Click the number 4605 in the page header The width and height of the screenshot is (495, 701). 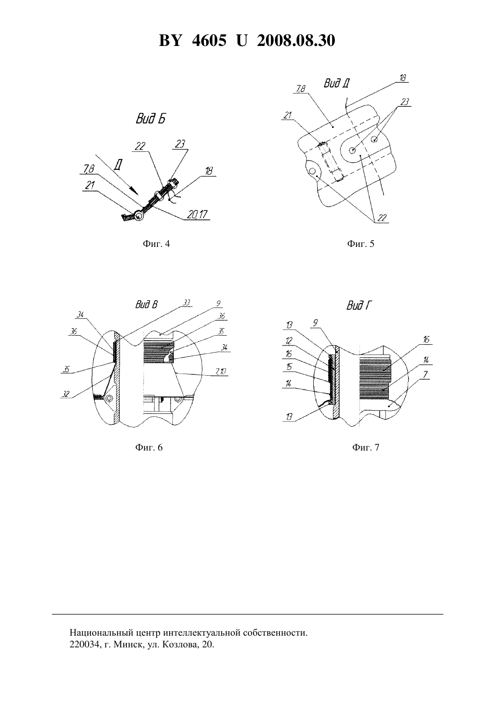pos(209,41)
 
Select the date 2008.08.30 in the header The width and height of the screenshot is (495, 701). pos(296,41)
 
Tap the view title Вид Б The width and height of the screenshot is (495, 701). pos(150,119)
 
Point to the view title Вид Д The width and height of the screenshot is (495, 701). pos(337,83)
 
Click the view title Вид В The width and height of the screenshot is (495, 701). pos(147,305)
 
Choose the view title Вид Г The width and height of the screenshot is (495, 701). pos(360,305)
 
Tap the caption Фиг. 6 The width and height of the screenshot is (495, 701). pos(149,447)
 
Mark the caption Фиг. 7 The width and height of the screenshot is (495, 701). pos(365,447)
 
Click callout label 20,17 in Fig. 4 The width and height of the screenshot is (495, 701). pos(197,214)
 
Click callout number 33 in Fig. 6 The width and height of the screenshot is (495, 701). pos(187,303)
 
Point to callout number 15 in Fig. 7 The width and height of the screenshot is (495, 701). pos(289,366)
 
